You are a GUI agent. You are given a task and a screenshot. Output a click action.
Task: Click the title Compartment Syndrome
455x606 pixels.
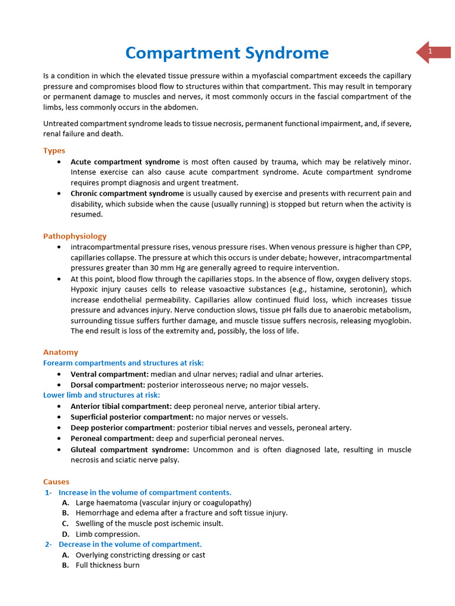(x=227, y=53)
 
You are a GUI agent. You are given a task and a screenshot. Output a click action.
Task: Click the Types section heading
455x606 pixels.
(x=54, y=151)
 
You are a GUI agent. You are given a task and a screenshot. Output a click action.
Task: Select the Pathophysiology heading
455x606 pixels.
(x=75, y=236)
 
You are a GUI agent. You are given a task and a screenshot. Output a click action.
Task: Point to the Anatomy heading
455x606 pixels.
(x=60, y=352)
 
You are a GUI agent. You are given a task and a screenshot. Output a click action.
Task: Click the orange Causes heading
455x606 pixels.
(x=56, y=482)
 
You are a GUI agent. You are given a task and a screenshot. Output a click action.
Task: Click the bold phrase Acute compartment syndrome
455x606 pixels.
(x=125, y=162)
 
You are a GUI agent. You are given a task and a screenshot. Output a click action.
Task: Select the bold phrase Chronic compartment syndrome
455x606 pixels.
(x=127, y=194)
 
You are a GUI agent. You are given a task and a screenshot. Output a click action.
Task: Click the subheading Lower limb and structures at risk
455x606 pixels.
(x=101, y=395)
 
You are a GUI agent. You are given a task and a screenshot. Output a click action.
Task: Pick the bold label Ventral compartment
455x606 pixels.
(x=110, y=374)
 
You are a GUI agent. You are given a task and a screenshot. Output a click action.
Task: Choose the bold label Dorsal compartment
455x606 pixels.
(x=108, y=385)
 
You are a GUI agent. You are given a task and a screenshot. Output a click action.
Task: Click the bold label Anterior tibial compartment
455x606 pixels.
(x=121, y=406)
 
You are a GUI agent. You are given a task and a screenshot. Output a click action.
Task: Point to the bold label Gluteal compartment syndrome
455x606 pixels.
(x=130, y=449)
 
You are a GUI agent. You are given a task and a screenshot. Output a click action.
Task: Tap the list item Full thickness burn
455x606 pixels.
(x=107, y=565)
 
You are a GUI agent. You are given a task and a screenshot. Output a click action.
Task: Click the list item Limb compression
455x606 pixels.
(x=108, y=534)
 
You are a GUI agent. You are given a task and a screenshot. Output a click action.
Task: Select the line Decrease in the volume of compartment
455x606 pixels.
(x=130, y=544)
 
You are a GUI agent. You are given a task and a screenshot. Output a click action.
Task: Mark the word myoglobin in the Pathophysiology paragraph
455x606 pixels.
(x=392, y=321)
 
